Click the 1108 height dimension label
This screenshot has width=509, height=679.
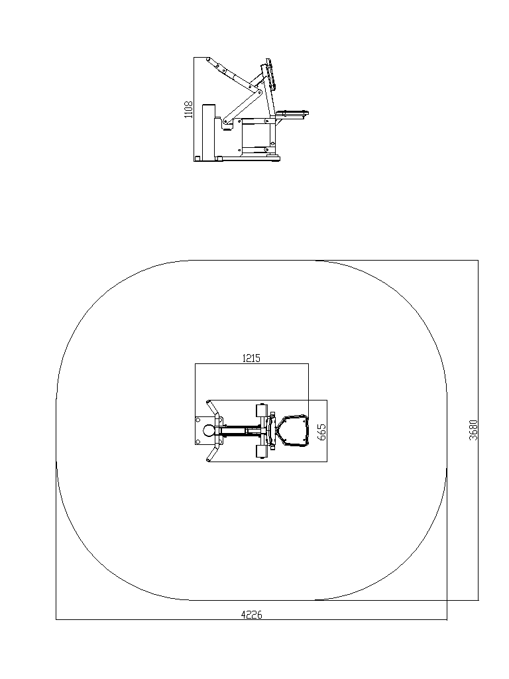coord(188,109)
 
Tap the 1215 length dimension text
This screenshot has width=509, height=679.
coord(251,358)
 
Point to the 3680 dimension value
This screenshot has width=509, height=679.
coord(473,430)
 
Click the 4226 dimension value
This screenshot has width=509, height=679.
coord(251,615)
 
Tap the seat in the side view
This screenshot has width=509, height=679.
coord(292,114)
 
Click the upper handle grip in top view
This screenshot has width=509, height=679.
coord(212,408)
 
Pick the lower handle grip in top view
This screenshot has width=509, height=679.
coord(212,454)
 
